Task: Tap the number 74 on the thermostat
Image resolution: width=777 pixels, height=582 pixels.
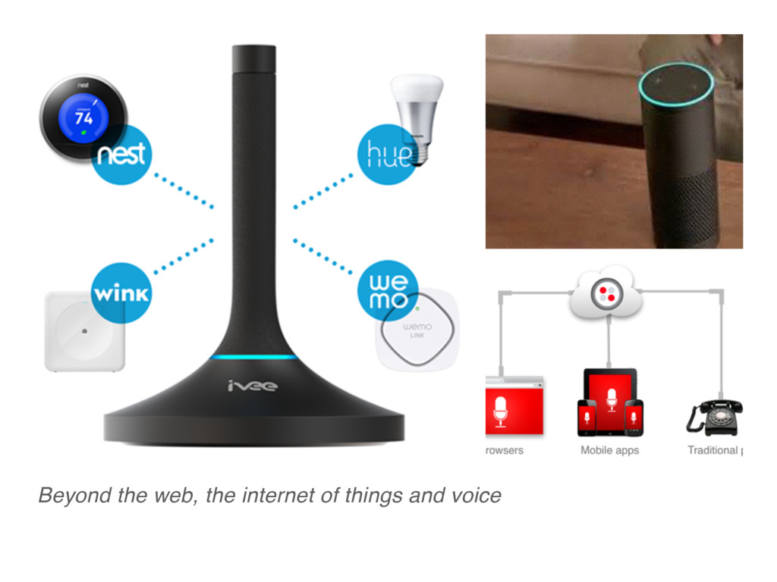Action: point(83,117)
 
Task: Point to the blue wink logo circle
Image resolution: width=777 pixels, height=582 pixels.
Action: point(121,293)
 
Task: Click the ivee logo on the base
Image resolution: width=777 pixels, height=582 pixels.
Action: point(253,386)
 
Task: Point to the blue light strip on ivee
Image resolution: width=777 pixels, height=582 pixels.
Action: point(253,357)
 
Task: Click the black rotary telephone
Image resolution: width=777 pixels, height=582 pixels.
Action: point(715,417)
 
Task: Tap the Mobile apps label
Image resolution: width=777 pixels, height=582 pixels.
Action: point(609,450)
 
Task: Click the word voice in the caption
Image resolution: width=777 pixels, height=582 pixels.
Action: point(476,496)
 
